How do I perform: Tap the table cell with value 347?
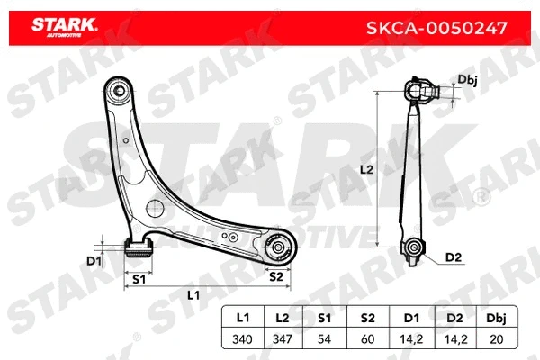click(282, 339)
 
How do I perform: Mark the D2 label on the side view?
click(454, 258)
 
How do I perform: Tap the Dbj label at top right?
click(467, 79)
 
